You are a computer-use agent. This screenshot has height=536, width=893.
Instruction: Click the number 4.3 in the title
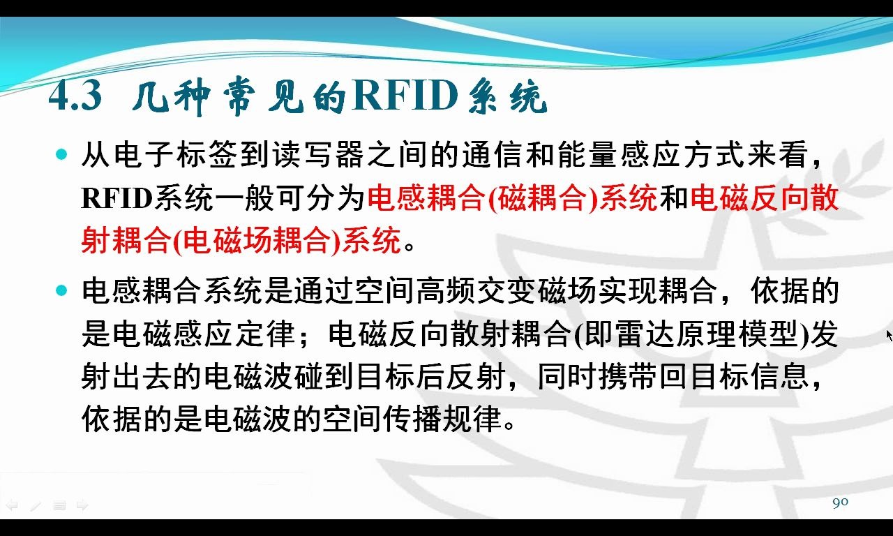click(x=75, y=96)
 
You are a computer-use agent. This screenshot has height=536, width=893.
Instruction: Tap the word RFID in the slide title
click(x=405, y=96)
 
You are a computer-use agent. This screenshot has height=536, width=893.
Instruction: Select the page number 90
click(x=841, y=502)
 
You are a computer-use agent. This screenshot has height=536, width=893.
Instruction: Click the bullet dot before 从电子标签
click(x=61, y=154)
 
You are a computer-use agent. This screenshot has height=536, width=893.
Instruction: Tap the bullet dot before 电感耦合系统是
click(x=61, y=290)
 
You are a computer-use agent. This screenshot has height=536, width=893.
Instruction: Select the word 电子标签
click(x=176, y=155)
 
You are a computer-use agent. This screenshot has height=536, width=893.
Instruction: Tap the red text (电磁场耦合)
click(x=257, y=241)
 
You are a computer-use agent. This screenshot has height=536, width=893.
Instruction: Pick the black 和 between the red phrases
click(x=675, y=198)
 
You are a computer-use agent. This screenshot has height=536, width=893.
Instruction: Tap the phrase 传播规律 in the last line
click(x=442, y=419)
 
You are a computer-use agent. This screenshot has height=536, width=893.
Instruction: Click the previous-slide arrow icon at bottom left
click(x=12, y=506)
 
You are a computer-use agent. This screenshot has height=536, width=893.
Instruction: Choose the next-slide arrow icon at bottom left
click(x=82, y=506)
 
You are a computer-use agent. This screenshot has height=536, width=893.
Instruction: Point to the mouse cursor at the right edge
click(x=890, y=336)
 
